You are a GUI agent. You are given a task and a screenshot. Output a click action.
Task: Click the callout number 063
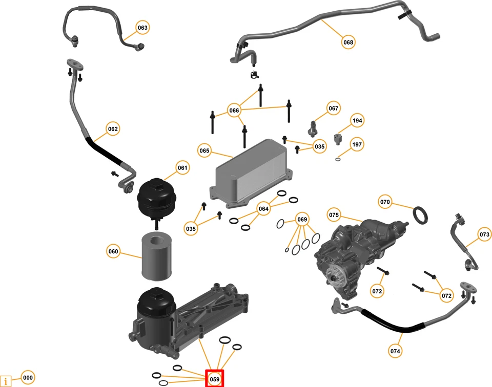(142, 27)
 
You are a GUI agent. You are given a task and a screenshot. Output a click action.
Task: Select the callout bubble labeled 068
(348, 42)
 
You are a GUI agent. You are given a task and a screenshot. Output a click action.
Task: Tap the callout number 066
(234, 111)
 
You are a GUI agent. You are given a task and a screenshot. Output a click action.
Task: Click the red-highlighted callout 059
(215, 379)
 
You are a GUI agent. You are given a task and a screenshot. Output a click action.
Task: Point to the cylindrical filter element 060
(155, 256)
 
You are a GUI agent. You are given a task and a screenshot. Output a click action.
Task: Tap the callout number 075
(334, 215)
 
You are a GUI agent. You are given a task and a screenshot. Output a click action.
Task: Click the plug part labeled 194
(338, 138)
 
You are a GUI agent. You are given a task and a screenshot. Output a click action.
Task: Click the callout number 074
(395, 351)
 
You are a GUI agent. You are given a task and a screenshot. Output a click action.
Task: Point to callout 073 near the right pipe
(484, 234)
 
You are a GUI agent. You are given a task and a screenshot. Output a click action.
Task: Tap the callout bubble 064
(263, 209)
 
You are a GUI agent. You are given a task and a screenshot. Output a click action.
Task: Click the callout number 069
(302, 220)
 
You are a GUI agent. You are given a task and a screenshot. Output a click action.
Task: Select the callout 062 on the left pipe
(113, 129)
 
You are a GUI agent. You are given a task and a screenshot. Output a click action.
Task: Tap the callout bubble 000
(28, 378)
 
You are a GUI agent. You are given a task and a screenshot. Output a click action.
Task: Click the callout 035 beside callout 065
(320, 146)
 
